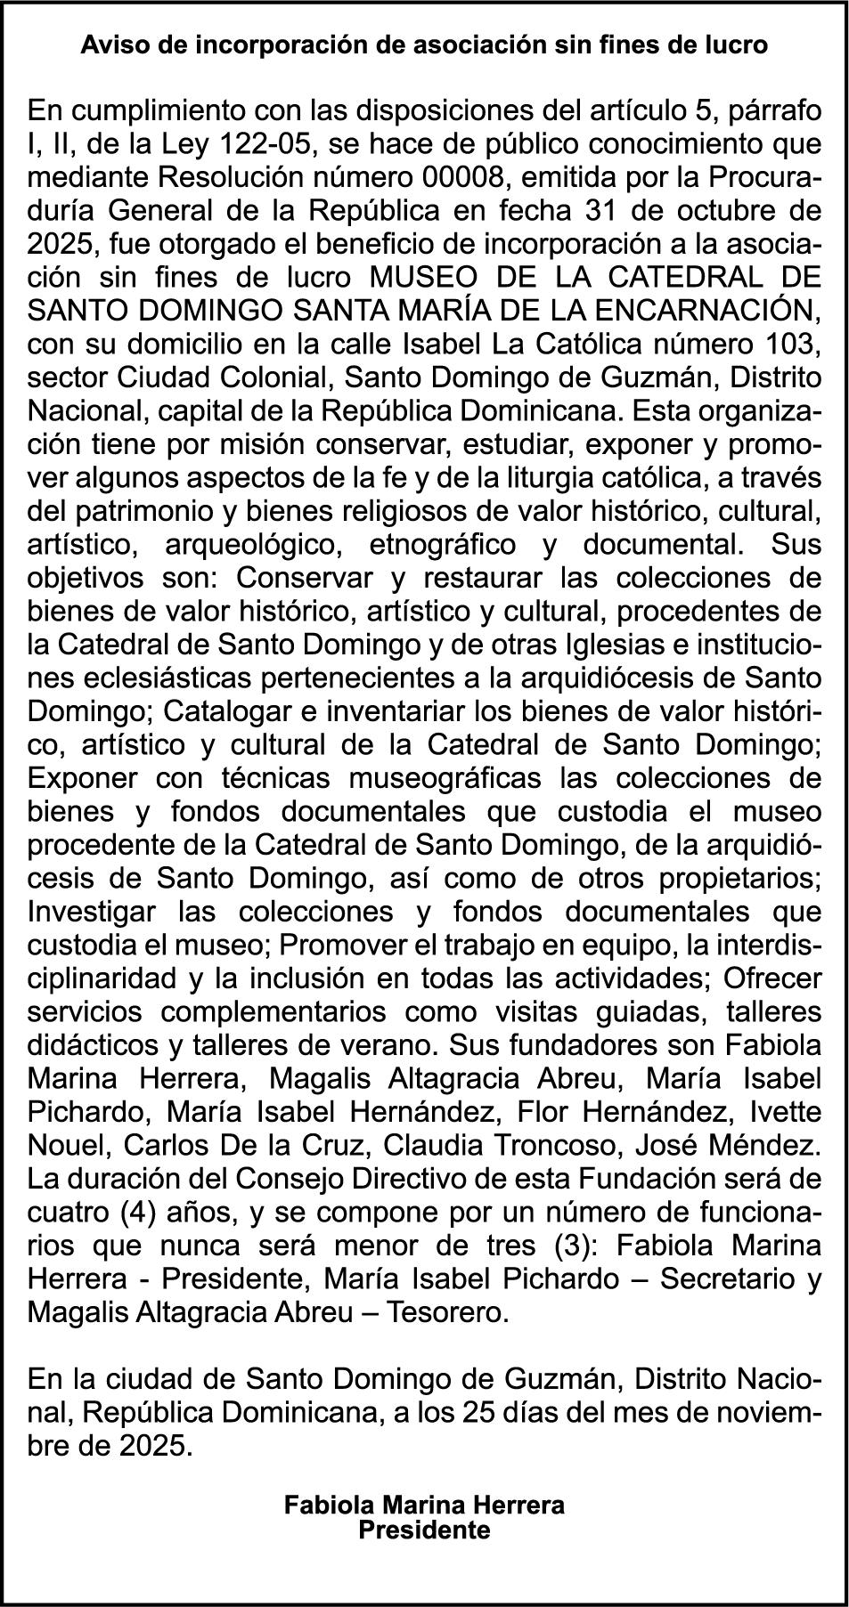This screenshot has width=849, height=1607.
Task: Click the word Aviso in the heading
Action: (107, 45)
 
